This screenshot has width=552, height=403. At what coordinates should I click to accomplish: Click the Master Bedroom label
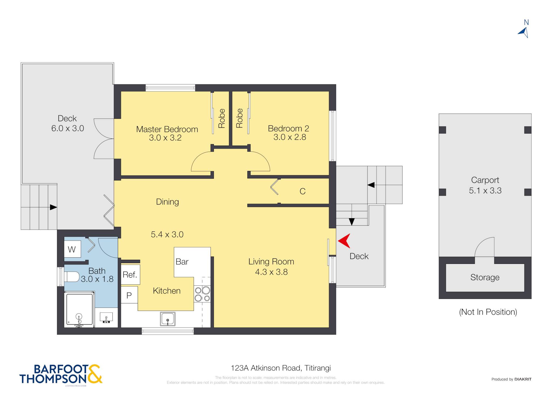click(167, 129)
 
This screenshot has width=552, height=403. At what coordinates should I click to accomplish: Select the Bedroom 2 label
click(288, 128)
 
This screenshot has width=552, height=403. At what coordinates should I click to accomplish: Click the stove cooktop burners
click(202, 294)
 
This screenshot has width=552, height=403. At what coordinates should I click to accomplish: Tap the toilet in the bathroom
click(71, 276)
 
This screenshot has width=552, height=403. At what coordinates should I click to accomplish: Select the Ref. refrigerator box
click(130, 275)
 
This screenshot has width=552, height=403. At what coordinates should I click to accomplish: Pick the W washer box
click(72, 249)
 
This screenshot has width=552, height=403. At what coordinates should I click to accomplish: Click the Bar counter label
click(182, 262)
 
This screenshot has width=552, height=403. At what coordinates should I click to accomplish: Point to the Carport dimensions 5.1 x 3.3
click(485, 190)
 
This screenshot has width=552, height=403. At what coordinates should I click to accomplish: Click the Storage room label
click(485, 277)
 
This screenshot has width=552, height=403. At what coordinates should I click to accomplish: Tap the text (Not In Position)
click(488, 312)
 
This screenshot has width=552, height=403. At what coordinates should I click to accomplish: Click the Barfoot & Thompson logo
click(61, 374)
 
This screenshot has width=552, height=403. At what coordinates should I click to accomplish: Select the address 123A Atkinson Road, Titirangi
click(281, 368)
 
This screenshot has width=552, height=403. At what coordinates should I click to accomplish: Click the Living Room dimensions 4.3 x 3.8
click(271, 272)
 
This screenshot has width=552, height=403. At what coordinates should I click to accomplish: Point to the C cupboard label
click(302, 191)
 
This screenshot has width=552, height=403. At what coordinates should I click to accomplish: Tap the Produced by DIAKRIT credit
click(511, 379)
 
